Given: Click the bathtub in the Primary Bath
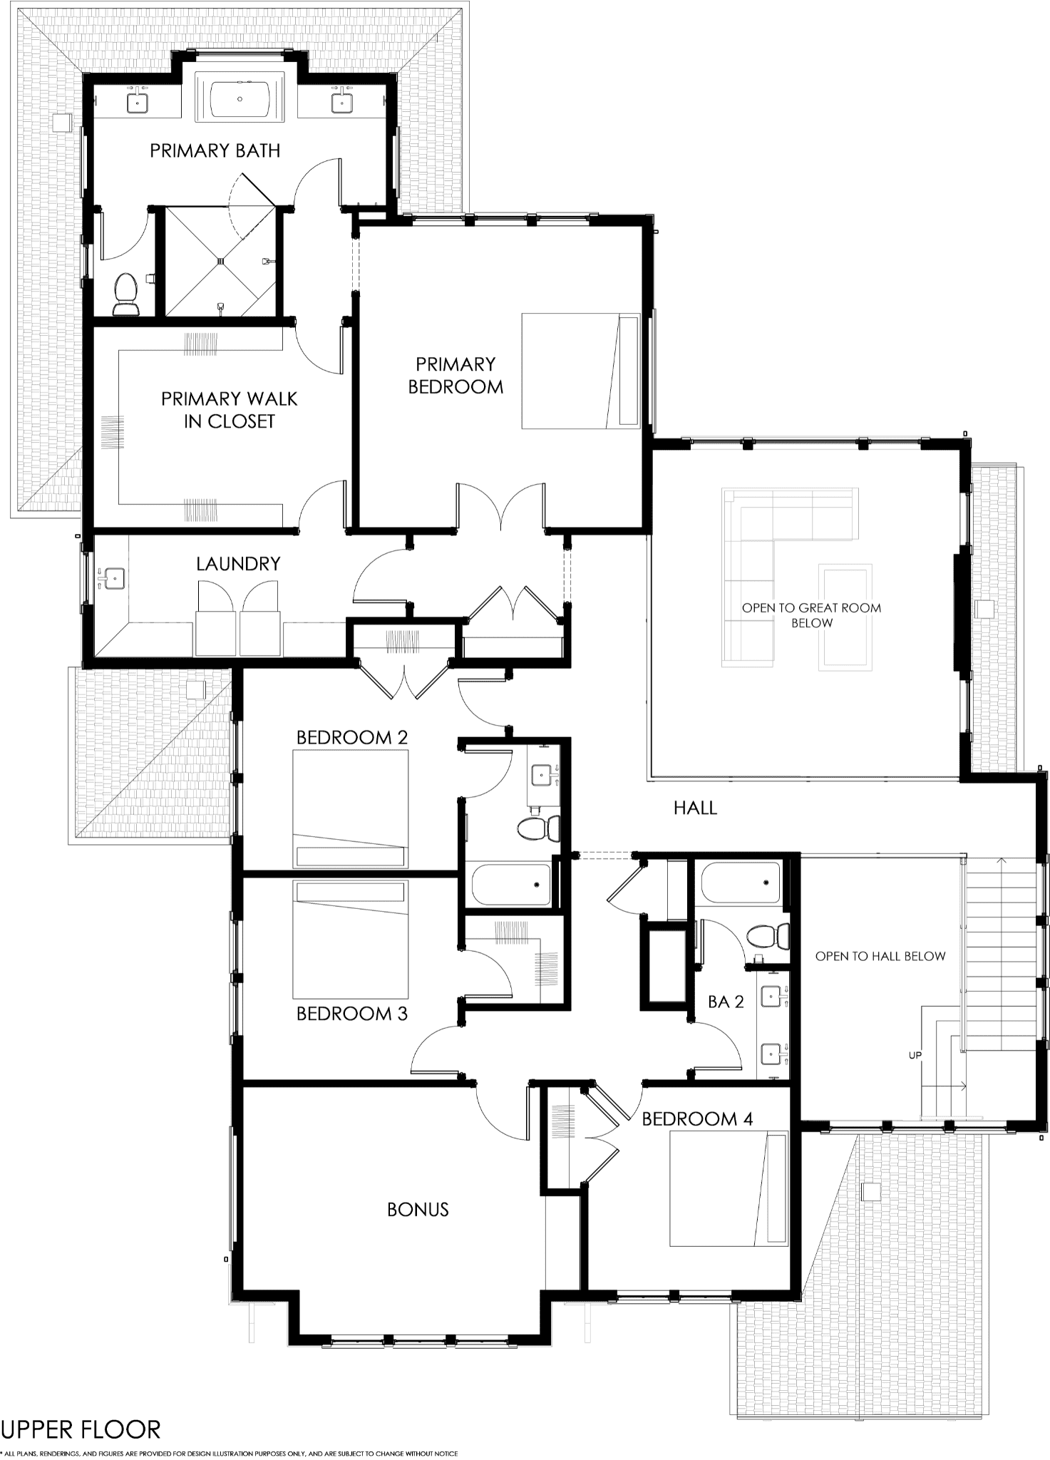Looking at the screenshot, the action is click(x=240, y=99).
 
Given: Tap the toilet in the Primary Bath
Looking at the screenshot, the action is click(x=125, y=294).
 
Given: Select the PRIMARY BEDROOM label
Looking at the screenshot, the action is click(x=455, y=376).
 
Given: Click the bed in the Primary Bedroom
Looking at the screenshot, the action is click(x=580, y=371).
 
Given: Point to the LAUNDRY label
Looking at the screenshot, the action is click(x=238, y=564).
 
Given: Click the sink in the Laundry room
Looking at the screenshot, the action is click(x=113, y=577).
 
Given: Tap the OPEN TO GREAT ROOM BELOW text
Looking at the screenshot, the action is click(x=811, y=615).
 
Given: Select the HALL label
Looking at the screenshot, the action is click(x=695, y=808).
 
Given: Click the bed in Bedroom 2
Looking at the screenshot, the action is click(x=350, y=808).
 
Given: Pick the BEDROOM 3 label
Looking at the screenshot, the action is click(x=352, y=1014).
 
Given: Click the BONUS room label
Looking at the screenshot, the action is click(x=418, y=1210).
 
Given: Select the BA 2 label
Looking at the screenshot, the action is click(x=726, y=1002).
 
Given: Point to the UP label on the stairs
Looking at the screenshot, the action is click(x=915, y=1056).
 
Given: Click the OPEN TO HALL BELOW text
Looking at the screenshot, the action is click(x=880, y=956).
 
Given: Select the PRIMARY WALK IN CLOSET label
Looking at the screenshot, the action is click(x=229, y=410).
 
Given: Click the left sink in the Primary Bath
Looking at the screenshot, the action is click(x=137, y=102).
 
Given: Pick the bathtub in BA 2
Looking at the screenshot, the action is click(x=741, y=883).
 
